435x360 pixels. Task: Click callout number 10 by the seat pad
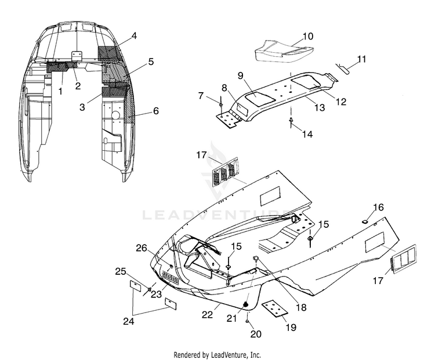307,37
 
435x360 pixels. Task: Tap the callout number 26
141,248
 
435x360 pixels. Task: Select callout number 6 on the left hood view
156,111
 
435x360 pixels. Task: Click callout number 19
291,328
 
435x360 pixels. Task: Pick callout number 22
207,315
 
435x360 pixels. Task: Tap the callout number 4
134,36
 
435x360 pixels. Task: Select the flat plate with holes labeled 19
275,308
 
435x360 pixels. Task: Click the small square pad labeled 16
365,221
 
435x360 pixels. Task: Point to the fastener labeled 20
246,322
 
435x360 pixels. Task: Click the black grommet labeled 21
245,304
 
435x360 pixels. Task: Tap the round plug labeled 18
255,259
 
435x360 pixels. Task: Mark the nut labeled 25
149,289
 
